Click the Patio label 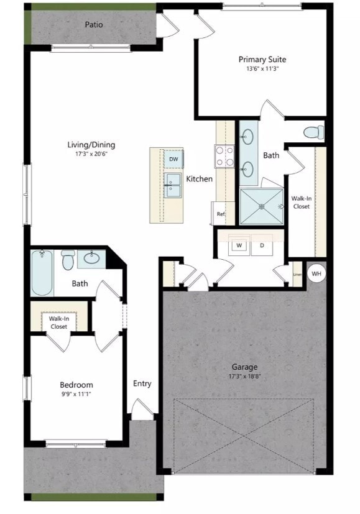(x=94, y=25)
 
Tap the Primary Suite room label (x=262, y=60)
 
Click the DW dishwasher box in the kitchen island (x=174, y=160)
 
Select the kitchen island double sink (x=173, y=185)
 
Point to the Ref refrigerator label (x=220, y=214)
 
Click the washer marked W (x=238, y=246)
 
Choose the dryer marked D (x=262, y=246)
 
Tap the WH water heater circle (x=316, y=273)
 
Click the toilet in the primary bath (x=313, y=132)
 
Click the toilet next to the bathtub (x=68, y=260)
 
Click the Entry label (x=142, y=383)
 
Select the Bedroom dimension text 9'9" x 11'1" (x=76, y=394)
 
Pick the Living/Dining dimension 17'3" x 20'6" (x=91, y=154)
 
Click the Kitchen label (x=200, y=179)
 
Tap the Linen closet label (x=297, y=274)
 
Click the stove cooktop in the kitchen (x=224, y=156)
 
